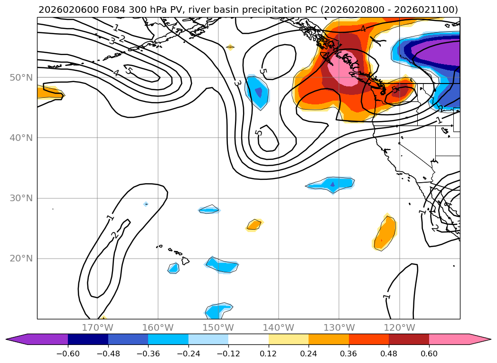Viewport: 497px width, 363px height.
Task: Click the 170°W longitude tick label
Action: click(97, 327)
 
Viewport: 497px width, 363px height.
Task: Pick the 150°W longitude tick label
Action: click(218, 327)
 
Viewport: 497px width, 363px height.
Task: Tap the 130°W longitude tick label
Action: click(339, 327)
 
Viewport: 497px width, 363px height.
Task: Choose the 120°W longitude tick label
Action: click(400, 327)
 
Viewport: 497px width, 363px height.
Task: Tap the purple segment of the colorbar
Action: click(43, 339)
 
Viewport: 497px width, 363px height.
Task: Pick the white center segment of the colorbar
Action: click(248, 339)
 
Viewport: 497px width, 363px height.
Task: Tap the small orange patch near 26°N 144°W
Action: click(254, 224)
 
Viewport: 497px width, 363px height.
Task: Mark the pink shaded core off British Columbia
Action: click(348, 69)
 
